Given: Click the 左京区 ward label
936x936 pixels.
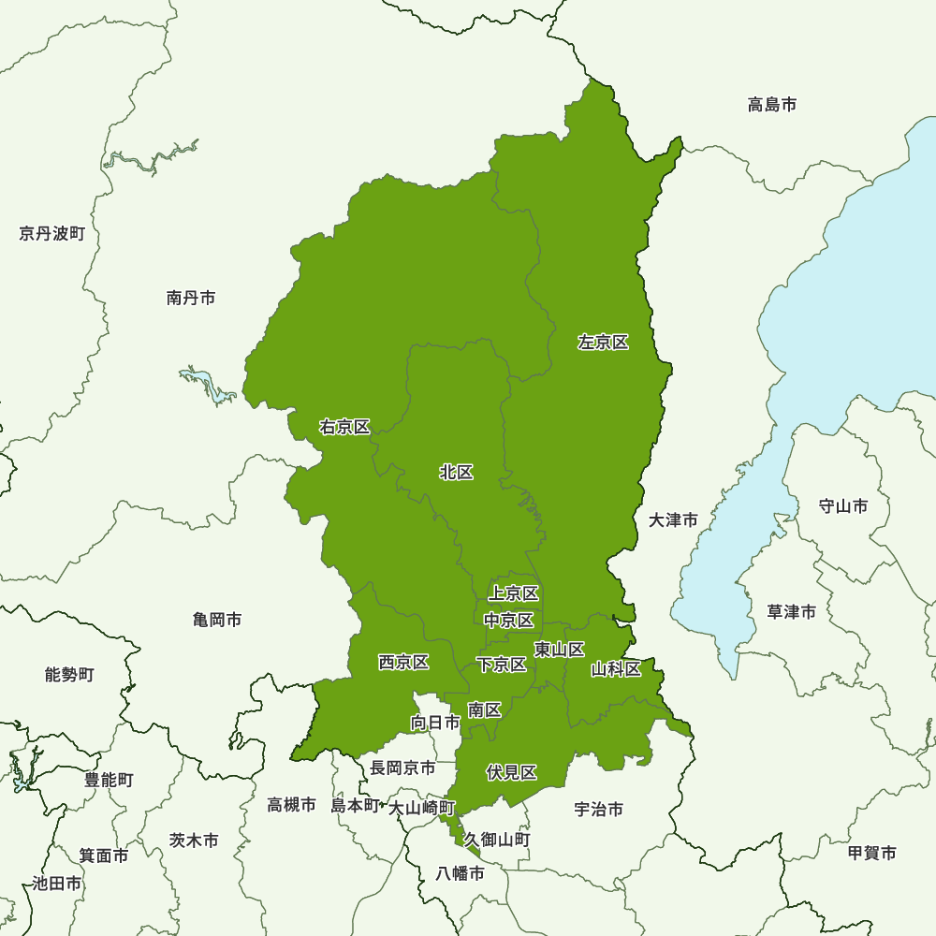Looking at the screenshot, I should click(x=603, y=343).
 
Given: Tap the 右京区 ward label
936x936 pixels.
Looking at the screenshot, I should click(x=344, y=427).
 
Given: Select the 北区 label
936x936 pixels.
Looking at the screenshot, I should click(x=456, y=473).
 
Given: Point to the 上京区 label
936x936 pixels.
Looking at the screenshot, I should click(x=513, y=593).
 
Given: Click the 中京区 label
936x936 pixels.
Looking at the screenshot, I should click(x=508, y=620).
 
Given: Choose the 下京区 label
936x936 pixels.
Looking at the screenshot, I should click(x=501, y=665).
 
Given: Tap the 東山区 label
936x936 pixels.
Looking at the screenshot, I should click(x=559, y=650).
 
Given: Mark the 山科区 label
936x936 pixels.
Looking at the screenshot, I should click(x=616, y=669).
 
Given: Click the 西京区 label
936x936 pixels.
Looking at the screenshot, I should click(x=403, y=663).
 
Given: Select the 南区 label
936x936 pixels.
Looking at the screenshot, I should click(x=485, y=710).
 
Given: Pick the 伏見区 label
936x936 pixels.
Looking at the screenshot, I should click(x=511, y=772).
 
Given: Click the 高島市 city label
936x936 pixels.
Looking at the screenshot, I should click(x=772, y=105).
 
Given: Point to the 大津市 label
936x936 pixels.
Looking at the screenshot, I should click(x=673, y=519).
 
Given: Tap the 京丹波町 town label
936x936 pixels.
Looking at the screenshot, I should click(x=51, y=233).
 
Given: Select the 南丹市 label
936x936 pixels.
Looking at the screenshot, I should click(x=191, y=298).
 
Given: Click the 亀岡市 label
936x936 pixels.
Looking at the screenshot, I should click(x=217, y=620).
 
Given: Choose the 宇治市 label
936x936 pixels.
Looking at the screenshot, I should click(x=599, y=810).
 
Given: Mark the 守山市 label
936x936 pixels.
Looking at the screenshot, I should click(x=842, y=506).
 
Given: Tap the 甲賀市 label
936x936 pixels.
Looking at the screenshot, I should click(x=871, y=853).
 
